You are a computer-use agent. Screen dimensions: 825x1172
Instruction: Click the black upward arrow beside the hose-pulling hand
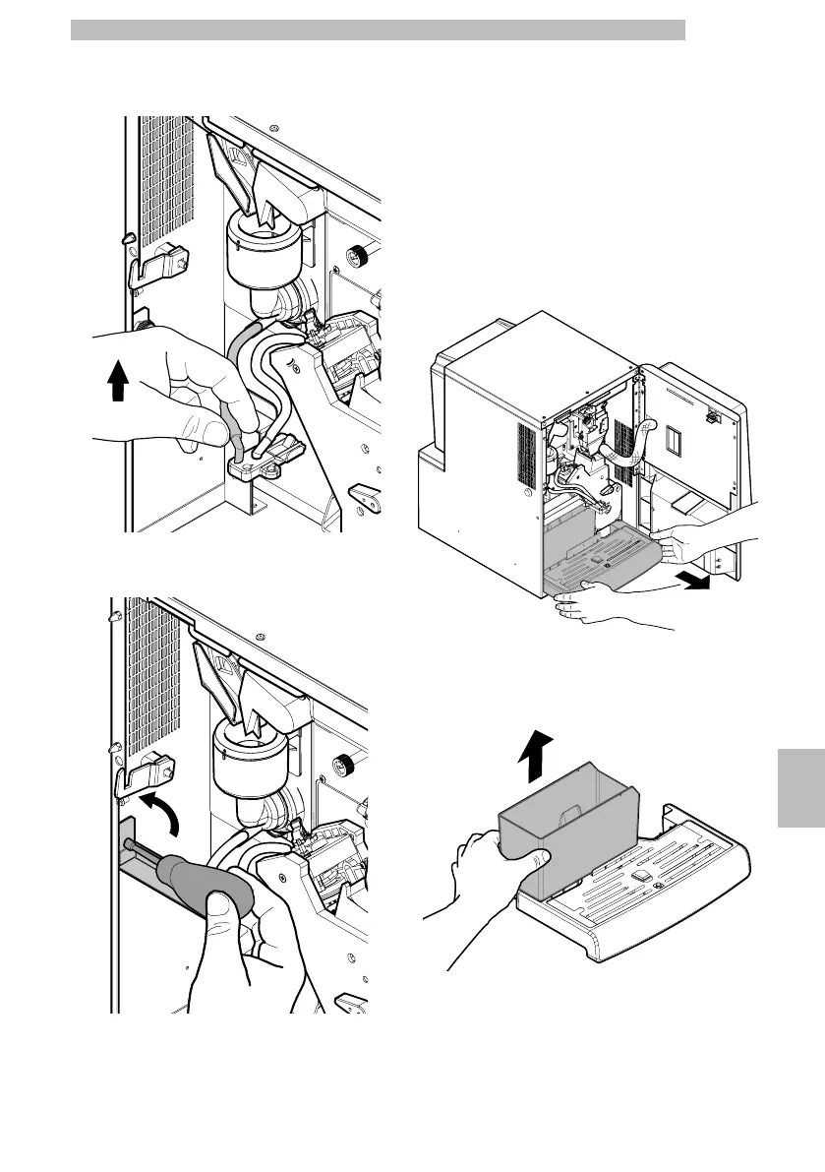118,380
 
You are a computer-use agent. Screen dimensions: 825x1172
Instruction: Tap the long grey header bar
378,30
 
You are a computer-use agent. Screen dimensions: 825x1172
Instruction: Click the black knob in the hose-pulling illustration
358,258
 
